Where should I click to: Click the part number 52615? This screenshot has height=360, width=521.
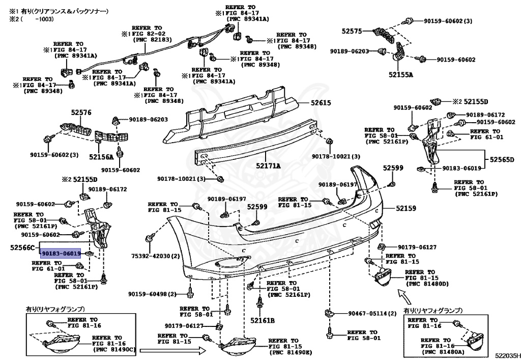tap(322, 103)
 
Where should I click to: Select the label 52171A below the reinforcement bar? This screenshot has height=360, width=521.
tap(268, 165)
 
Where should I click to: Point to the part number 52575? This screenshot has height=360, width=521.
tap(352, 31)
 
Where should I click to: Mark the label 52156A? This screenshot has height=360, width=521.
tap(101, 157)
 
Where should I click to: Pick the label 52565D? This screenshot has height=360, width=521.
tap(502, 159)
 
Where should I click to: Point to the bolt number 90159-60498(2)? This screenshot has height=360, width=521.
tap(152, 294)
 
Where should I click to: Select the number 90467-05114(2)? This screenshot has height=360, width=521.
tap(372, 314)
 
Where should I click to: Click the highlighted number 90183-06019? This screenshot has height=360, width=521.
tap(62, 253)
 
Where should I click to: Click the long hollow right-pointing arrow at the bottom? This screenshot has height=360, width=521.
tap(172, 350)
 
